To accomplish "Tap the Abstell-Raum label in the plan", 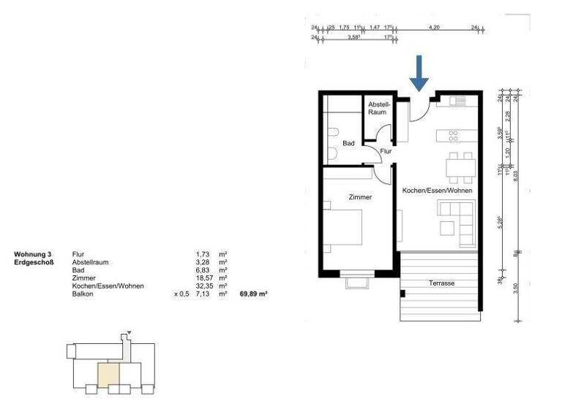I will tap(378, 108).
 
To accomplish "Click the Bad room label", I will tap(349, 143).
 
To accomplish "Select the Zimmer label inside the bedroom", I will tap(360, 197).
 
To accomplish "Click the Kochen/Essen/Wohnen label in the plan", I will tap(437, 191).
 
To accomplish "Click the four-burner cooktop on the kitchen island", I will tap(454, 135).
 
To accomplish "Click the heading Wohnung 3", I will tap(33, 253).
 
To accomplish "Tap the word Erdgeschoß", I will tap(34, 261).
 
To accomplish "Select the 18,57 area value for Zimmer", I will tap(195, 278).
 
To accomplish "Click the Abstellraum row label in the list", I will tap(92, 261).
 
